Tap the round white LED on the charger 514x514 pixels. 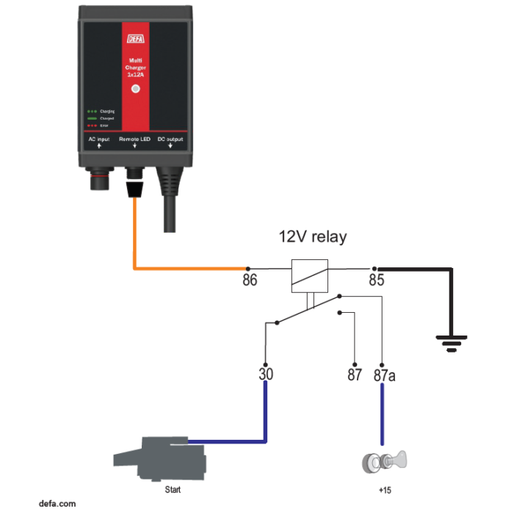(x=135, y=89)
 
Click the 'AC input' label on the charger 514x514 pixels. (x=99, y=139)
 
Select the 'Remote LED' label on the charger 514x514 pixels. (x=134, y=139)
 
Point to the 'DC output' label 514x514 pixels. (x=171, y=139)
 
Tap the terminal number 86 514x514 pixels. (x=250, y=280)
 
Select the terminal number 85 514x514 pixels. (x=376, y=280)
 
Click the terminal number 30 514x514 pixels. (x=266, y=374)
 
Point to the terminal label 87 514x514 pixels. (x=355, y=375)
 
